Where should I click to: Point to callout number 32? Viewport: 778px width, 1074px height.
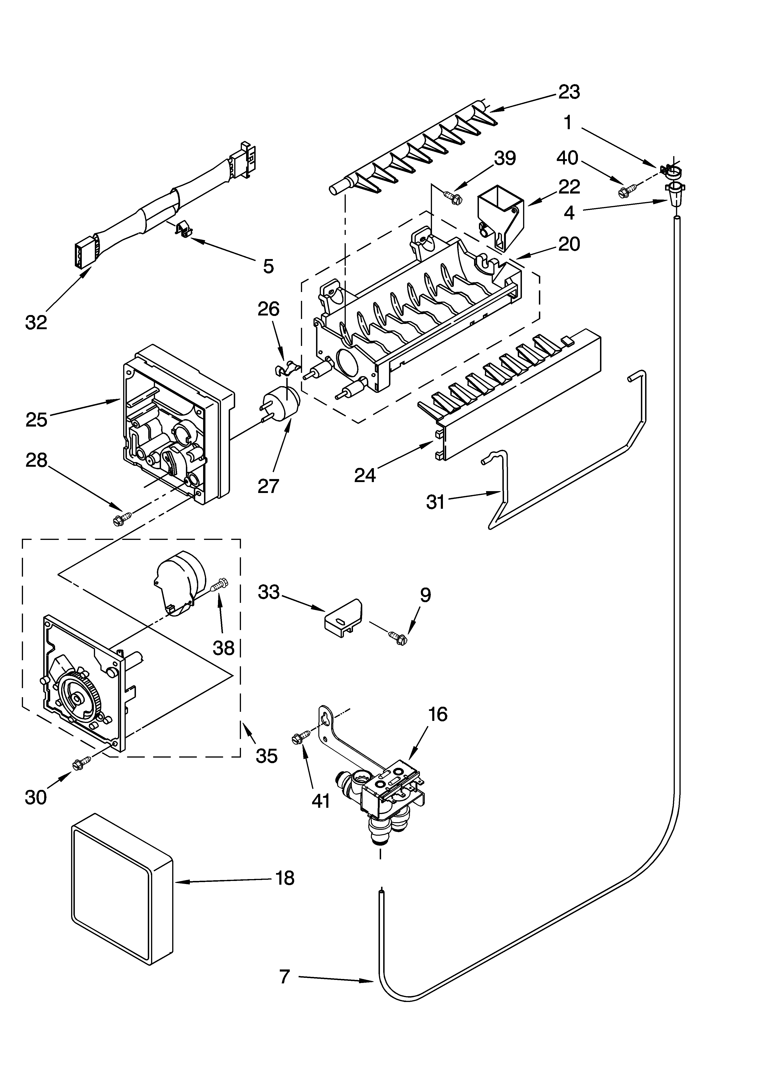click(36, 322)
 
